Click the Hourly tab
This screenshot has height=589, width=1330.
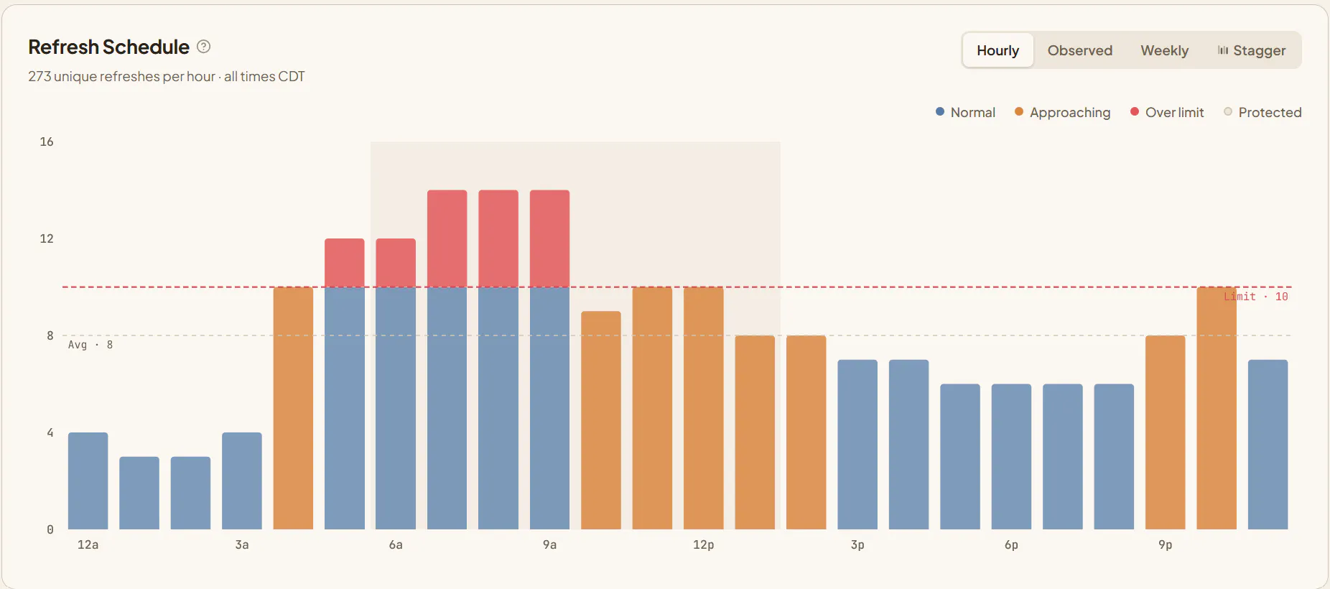pyautogui.click(x=997, y=50)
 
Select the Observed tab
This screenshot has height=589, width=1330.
pyautogui.click(x=1079, y=50)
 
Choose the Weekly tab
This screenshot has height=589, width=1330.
pyautogui.click(x=1164, y=50)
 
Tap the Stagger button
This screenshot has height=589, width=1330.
pyautogui.click(x=1251, y=50)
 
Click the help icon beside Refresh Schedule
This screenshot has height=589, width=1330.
pyautogui.click(x=204, y=47)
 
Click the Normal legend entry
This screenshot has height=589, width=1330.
pyautogui.click(x=965, y=112)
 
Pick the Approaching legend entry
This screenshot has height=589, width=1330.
pyautogui.click(x=1062, y=112)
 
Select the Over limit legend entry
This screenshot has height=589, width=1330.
pyautogui.click(x=1167, y=112)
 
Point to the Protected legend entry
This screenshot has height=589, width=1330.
pyautogui.click(x=1262, y=112)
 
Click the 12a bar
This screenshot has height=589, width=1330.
pyautogui.click(x=88, y=481)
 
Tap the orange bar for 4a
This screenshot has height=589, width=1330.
pyautogui.click(x=293, y=408)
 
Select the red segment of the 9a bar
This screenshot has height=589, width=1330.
pyautogui.click(x=549, y=238)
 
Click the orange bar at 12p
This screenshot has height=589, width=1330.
pyautogui.click(x=704, y=408)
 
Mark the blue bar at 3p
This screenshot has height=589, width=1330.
pyautogui.click(x=857, y=445)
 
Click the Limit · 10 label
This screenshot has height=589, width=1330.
pyautogui.click(x=1256, y=297)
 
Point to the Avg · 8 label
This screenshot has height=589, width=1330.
pyautogui.click(x=90, y=345)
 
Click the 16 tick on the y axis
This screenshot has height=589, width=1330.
pyautogui.click(x=47, y=142)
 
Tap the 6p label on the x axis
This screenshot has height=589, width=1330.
pyautogui.click(x=1011, y=544)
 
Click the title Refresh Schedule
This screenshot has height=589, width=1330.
pyautogui.click(x=108, y=47)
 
